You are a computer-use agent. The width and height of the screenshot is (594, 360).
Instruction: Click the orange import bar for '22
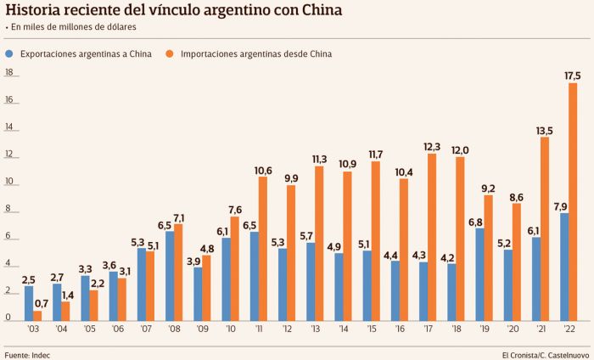[x=573, y=201]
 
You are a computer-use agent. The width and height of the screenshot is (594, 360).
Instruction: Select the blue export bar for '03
[x=29, y=302]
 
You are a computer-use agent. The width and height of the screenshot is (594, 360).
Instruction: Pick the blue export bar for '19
[x=480, y=273]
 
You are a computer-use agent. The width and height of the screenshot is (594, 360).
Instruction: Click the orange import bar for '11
[x=263, y=248]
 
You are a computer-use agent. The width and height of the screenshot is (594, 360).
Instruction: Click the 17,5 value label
[x=572, y=76]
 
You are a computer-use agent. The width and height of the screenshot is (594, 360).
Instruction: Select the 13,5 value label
[x=544, y=130]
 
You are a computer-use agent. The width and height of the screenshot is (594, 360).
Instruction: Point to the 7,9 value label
[x=562, y=206]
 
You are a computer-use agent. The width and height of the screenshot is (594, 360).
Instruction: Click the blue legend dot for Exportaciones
[x=8, y=53]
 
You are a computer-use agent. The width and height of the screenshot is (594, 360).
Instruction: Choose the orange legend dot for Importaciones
[x=170, y=53]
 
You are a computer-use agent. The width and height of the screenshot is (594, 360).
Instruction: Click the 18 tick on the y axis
[x=9, y=73]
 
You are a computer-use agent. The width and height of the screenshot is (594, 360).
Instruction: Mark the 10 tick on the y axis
[x=9, y=183]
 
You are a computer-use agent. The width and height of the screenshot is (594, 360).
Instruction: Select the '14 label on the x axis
[x=343, y=328]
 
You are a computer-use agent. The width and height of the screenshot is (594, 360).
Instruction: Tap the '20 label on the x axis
[x=511, y=328]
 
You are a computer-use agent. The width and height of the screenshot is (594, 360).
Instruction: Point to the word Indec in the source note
[x=40, y=352]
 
